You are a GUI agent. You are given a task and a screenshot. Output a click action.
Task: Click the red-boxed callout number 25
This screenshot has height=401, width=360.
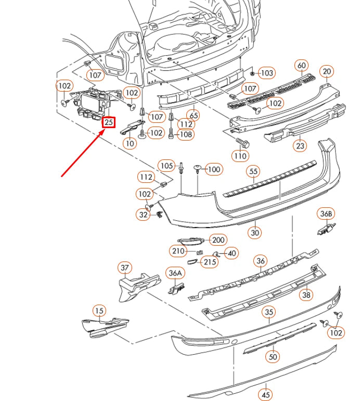108,122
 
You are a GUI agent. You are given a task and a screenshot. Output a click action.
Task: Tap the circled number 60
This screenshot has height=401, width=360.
302,66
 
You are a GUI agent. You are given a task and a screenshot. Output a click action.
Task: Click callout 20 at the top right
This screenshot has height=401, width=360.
327,72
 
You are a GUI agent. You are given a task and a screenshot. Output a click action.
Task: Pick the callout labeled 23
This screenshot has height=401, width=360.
300,146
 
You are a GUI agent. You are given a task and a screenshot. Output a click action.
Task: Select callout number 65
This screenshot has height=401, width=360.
194,115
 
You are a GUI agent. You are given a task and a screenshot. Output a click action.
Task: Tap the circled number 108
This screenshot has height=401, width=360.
186,134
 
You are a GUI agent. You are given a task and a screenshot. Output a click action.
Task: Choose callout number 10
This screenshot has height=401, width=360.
130,143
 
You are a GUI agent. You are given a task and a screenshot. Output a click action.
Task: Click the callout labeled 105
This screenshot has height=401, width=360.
166,166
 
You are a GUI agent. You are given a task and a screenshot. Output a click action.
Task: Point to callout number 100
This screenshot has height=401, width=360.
214,169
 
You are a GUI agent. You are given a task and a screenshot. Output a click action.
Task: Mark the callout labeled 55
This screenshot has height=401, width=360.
253,171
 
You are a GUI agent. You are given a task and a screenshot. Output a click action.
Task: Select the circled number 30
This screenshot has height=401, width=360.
255,233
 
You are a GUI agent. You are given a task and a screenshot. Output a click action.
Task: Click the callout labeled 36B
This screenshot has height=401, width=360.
326,214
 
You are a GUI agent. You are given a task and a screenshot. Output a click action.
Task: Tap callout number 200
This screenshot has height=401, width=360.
217,240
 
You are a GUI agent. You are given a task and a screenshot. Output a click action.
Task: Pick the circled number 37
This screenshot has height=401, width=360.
125,268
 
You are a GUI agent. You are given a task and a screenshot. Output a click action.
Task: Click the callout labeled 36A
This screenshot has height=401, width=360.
175,273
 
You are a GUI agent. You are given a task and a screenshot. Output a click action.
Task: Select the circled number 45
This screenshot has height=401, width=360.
266,395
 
